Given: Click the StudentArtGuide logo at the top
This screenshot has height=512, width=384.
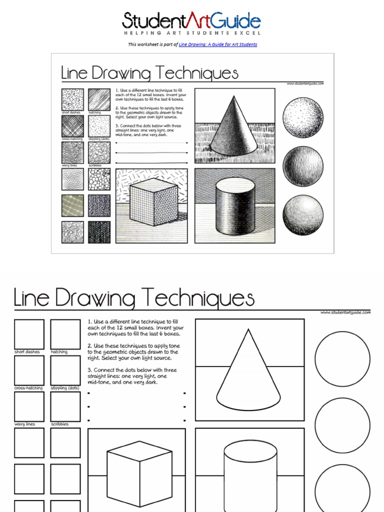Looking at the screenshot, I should point(191,21).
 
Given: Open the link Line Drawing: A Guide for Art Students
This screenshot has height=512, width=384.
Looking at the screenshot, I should point(217,44).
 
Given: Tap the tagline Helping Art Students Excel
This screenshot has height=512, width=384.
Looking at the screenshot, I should point(191,33).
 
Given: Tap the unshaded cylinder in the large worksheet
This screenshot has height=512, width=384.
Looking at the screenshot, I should point(250,475).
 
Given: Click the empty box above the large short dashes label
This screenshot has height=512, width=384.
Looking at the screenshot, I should point(29,334).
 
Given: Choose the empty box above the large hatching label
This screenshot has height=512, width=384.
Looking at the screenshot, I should point(65,334).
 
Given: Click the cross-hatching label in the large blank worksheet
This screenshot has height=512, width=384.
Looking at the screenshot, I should point(28,388).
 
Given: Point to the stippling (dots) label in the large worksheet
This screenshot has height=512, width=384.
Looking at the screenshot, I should point(65,388).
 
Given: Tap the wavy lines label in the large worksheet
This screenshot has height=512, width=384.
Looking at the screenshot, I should point(25,424).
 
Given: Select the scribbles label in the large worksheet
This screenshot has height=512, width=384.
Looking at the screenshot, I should point(60,424).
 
